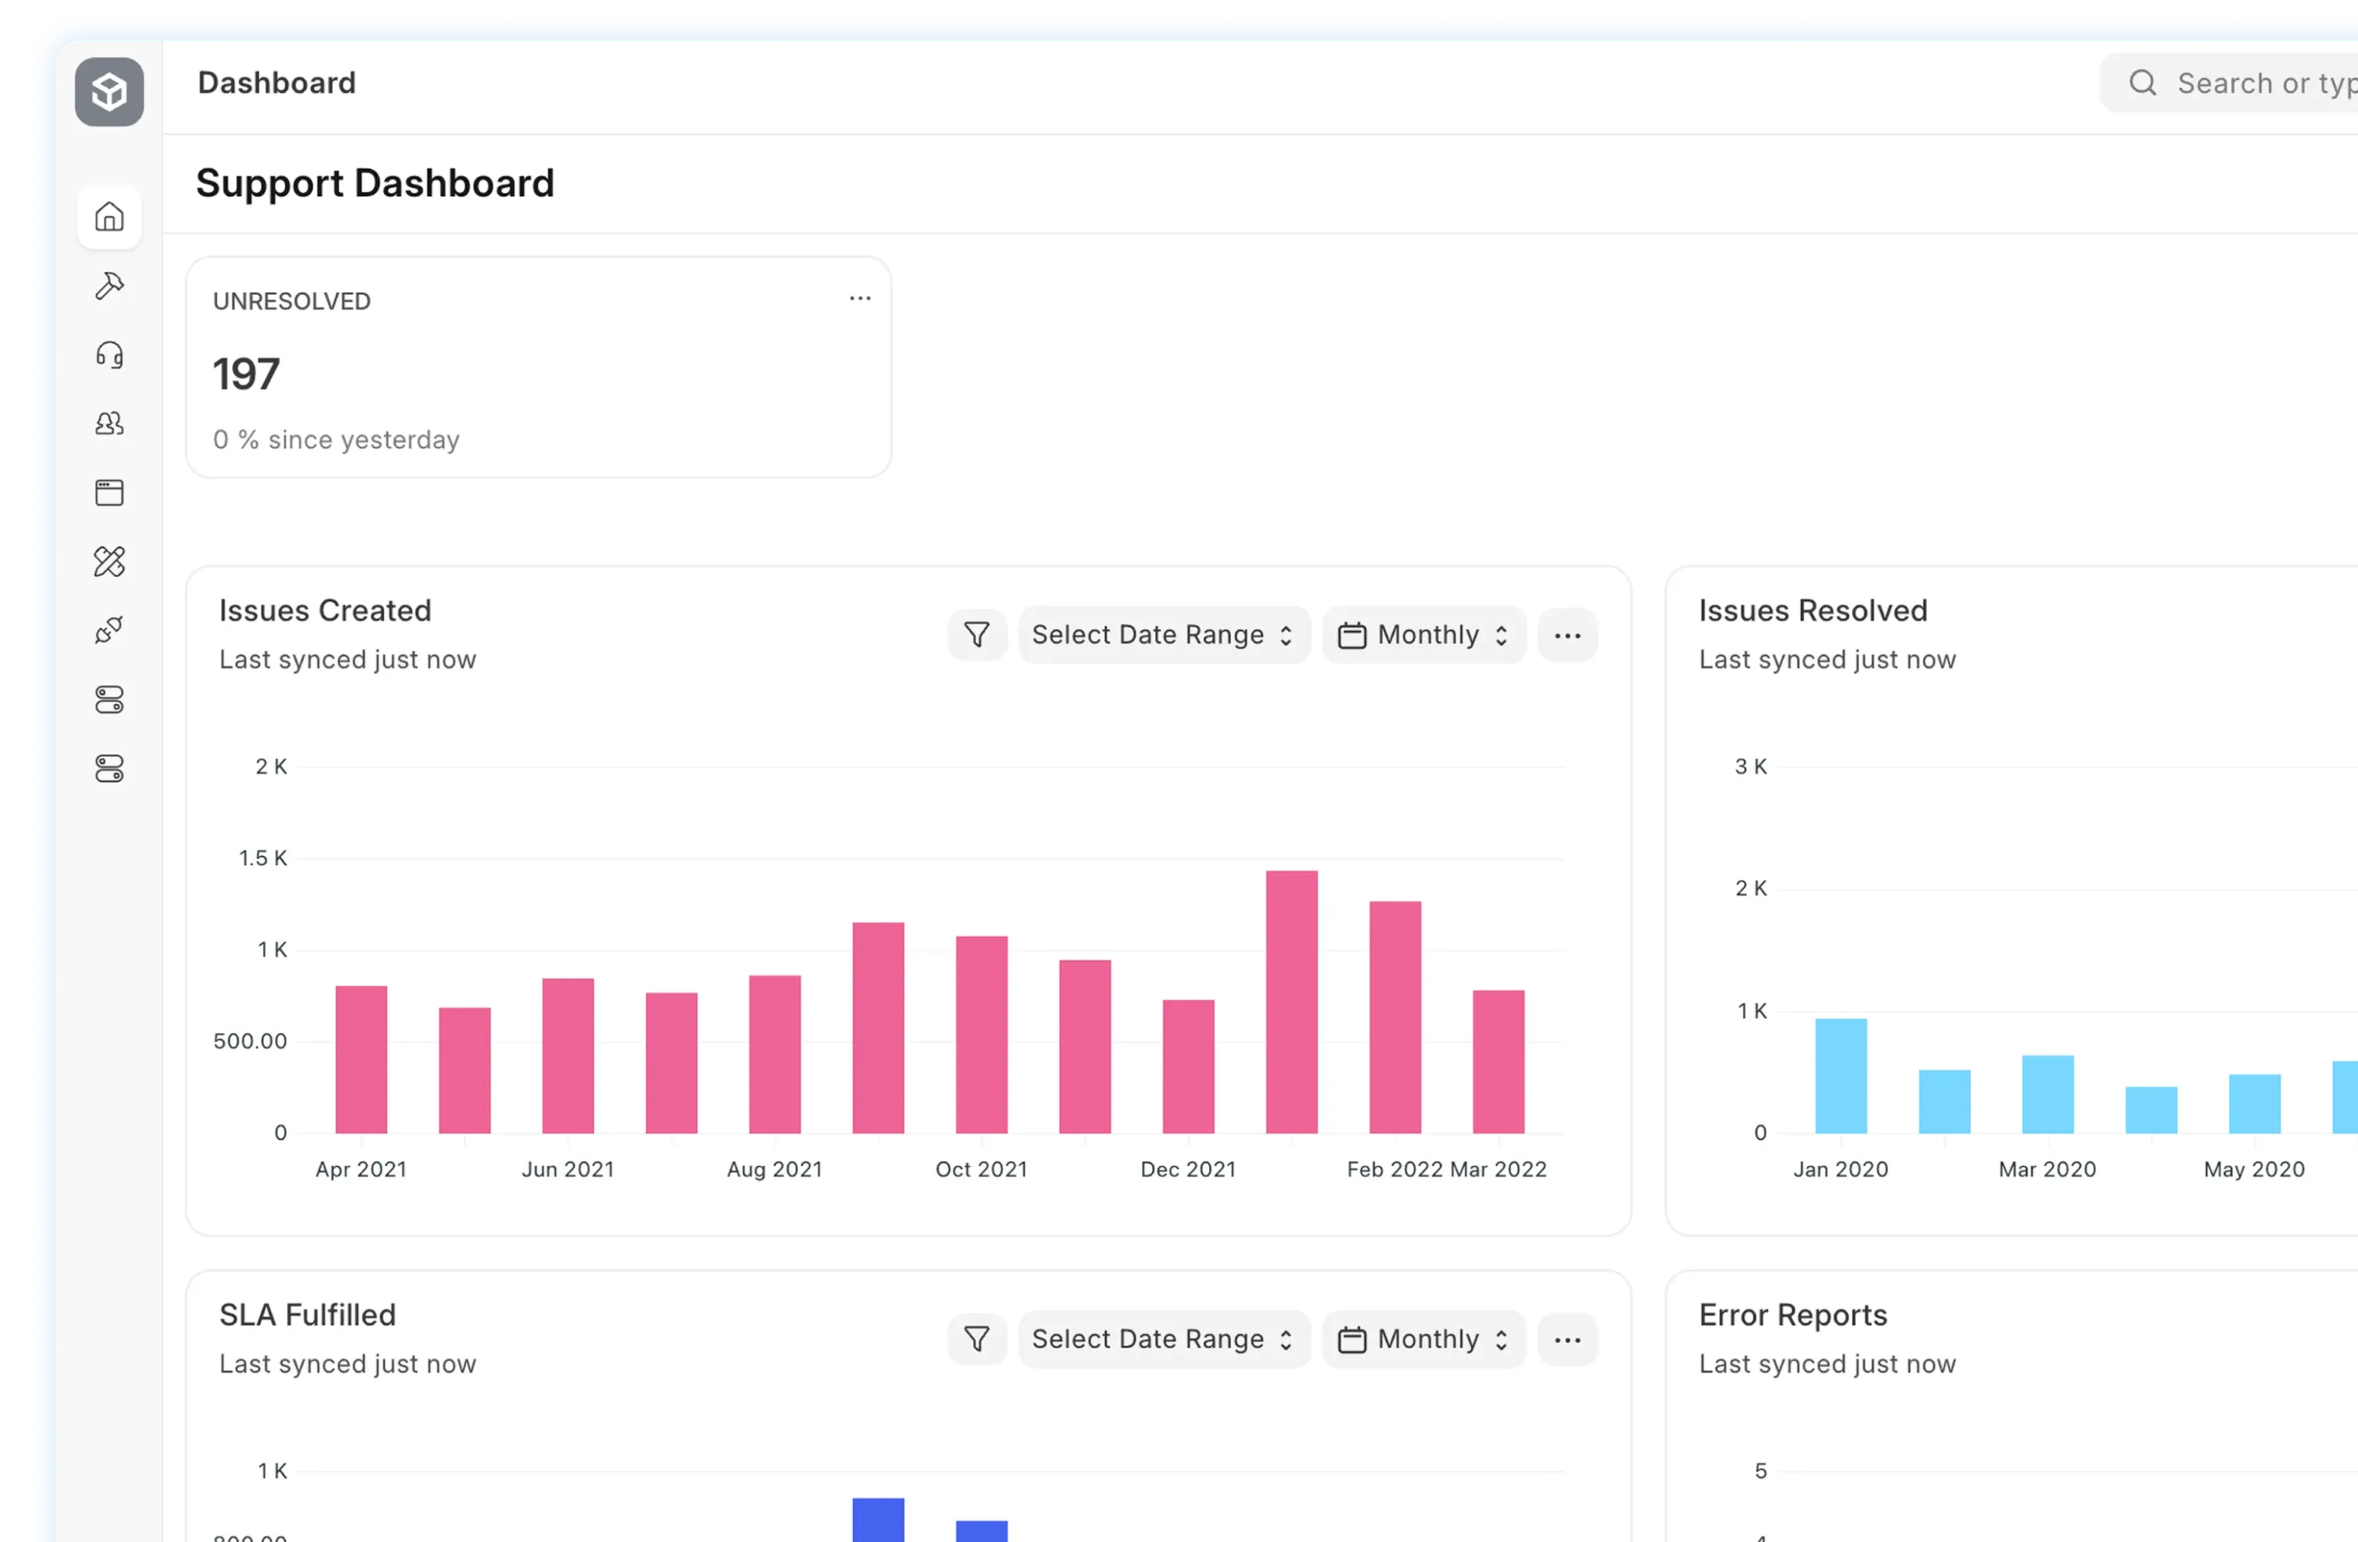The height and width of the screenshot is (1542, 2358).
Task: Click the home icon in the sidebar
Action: click(x=109, y=217)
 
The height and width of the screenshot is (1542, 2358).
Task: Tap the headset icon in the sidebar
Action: click(x=109, y=355)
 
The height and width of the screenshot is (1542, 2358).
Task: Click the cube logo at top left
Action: click(x=109, y=92)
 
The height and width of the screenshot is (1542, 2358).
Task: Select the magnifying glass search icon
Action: click(x=2142, y=83)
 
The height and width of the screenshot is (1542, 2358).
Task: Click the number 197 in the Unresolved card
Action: click(x=246, y=375)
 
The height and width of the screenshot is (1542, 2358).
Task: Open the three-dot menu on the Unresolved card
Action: click(x=859, y=298)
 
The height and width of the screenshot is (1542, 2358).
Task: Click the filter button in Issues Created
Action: click(x=977, y=635)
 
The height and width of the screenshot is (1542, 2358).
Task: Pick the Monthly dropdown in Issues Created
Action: click(x=1424, y=635)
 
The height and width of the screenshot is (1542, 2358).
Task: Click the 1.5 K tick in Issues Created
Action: click(x=263, y=858)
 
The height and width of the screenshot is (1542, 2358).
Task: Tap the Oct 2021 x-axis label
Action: click(x=981, y=1169)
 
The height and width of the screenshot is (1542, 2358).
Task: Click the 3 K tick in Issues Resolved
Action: click(x=1751, y=766)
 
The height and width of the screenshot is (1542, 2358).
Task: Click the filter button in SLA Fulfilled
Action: click(x=977, y=1339)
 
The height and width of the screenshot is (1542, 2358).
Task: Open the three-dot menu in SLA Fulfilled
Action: click(x=1568, y=1339)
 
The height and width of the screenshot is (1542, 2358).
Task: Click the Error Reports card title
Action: click(x=1792, y=1314)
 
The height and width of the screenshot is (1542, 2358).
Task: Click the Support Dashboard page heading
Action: click(x=375, y=183)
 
